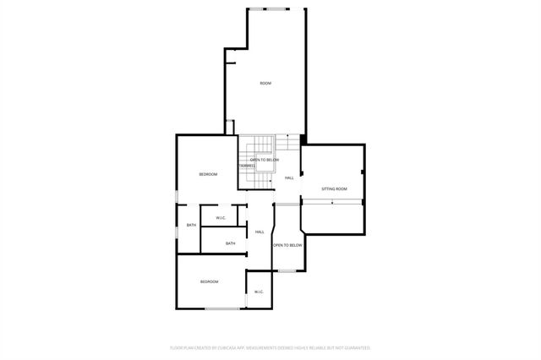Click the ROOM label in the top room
(x=265, y=83)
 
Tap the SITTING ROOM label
(x=334, y=188)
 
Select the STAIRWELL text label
(x=247, y=166)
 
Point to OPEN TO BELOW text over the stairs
(x=264, y=160)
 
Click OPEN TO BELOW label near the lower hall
(x=287, y=245)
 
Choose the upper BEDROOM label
(x=208, y=174)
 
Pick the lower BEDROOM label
(x=209, y=281)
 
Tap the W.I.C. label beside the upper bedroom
(x=221, y=218)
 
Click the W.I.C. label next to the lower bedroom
(x=259, y=292)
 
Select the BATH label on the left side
(x=191, y=225)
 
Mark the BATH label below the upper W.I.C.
(x=230, y=244)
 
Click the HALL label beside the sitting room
(x=289, y=177)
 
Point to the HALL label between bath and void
(x=260, y=232)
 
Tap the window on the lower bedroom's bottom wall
(x=222, y=308)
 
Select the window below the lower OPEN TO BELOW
(x=288, y=270)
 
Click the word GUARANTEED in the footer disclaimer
(x=355, y=347)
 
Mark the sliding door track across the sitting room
(x=333, y=200)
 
